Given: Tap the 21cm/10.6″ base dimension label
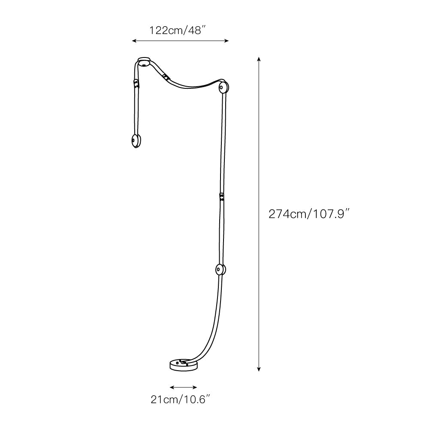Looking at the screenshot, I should (x=180, y=400).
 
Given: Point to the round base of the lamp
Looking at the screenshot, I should (x=184, y=365).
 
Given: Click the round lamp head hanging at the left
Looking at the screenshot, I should (x=136, y=141).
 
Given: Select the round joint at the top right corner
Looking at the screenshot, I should (x=223, y=88).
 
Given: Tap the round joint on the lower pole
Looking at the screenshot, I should (x=220, y=269).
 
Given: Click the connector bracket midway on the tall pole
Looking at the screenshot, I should (x=221, y=197).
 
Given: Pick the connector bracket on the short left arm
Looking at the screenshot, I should (x=136, y=84).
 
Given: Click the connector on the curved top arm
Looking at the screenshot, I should (x=166, y=77).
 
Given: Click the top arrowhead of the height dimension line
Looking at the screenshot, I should (x=259, y=58).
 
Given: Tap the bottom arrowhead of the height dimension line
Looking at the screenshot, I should (x=259, y=370).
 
